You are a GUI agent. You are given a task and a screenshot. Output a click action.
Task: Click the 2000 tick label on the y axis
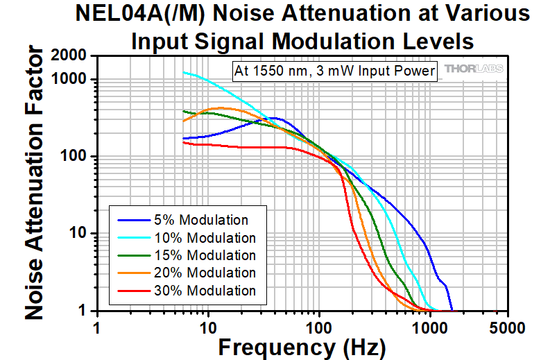(x=69, y=56)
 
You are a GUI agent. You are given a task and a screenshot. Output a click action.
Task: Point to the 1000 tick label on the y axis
(x=69, y=79)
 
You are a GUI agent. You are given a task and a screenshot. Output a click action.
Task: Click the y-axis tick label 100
(x=73, y=156)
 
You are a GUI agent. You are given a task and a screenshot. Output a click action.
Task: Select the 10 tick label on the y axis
(x=77, y=233)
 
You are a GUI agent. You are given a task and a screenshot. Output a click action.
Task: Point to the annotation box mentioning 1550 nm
(x=334, y=71)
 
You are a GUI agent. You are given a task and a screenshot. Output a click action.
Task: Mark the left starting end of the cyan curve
(x=183, y=72)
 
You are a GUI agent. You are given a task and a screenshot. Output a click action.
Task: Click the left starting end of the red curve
(x=183, y=142)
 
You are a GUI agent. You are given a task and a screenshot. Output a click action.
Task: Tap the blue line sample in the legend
(x=132, y=221)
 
